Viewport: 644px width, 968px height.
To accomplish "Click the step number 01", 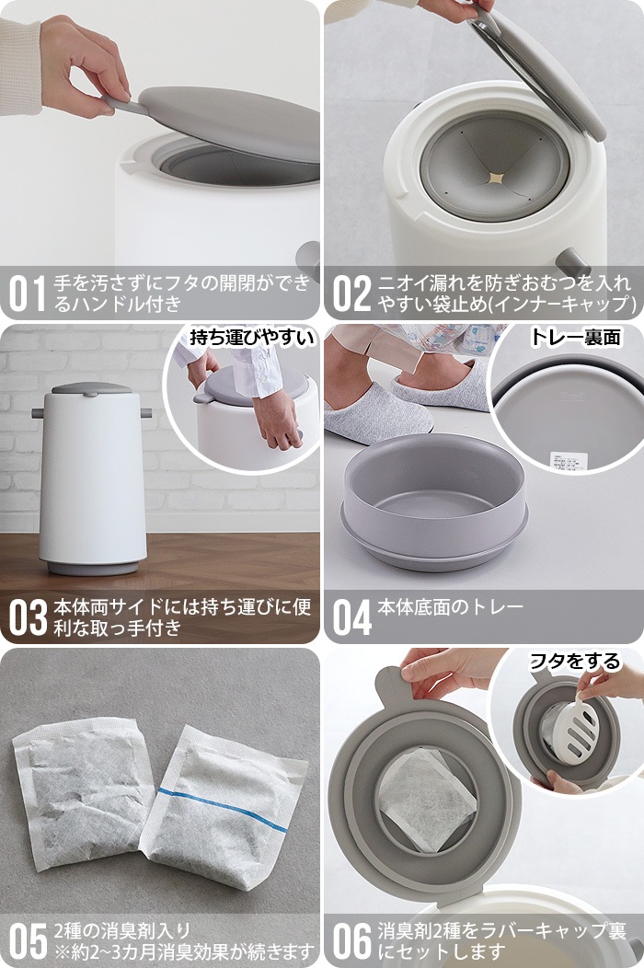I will [x=27, y=292].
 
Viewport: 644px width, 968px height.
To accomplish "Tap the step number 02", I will [x=351, y=292].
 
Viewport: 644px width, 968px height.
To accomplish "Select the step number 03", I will [x=28, y=617].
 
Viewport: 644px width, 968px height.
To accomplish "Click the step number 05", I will [x=28, y=940].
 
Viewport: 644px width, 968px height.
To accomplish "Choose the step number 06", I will [x=351, y=940].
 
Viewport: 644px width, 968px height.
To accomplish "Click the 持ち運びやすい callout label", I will [x=252, y=337].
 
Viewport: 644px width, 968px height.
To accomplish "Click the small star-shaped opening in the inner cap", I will [x=496, y=175].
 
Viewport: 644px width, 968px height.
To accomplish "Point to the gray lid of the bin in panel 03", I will [x=92, y=390].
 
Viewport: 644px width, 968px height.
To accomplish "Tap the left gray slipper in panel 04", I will [x=377, y=411].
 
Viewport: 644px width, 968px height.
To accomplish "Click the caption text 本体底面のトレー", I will [x=451, y=607].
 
